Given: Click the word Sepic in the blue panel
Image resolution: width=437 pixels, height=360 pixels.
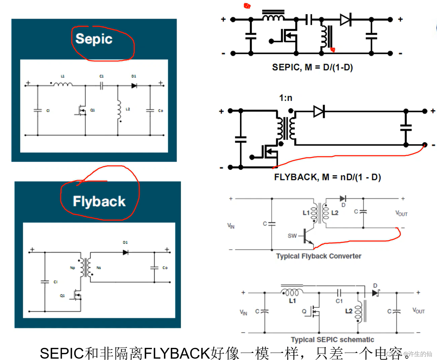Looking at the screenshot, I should pyautogui.click(x=94, y=39).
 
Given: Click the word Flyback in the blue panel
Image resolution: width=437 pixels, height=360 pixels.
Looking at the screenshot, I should pyautogui.click(x=99, y=201).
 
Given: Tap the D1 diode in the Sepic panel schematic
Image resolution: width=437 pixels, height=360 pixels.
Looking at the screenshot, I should pyautogui.click(x=134, y=86).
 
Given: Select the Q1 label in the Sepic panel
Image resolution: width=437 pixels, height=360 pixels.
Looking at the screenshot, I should pyautogui.click(x=92, y=110).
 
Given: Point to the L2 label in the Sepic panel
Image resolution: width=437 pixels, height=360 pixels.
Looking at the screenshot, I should pyautogui.click(x=128, y=109).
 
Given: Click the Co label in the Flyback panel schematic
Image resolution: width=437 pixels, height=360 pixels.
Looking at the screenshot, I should pyautogui.click(x=165, y=268).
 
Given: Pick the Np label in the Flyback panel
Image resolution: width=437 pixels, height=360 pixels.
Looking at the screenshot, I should pyautogui.click(x=72, y=268).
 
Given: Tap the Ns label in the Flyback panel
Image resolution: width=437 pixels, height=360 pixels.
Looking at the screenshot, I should pyautogui.click(x=98, y=268).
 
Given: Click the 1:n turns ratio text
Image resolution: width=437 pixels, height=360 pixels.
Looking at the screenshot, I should pyautogui.click(x=286, y=98).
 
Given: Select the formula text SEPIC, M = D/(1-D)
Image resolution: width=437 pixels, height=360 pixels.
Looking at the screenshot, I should pyautogui.click(x=312, y=67).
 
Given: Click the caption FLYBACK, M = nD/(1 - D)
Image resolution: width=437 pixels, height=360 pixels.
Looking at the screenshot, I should pyautogui.click(x=327, y=177).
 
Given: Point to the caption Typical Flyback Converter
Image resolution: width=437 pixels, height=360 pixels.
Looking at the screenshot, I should pyautogui.click(x=318, y=256).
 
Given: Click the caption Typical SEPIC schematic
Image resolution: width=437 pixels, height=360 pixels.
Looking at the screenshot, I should pyautogui.click(x=332, y=340).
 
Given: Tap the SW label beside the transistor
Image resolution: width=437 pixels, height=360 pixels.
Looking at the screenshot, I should pyautogui.click(x=292, y=236).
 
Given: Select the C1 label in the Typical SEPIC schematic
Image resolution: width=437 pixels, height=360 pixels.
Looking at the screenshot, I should pyautogui.click(x=339, y=301).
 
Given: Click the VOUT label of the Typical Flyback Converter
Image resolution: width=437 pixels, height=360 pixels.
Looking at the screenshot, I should pyautogui.click(x=401, y=214).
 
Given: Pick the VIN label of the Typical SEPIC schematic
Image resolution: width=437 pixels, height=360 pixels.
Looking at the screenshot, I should pyautogui.click(x=243, y=313).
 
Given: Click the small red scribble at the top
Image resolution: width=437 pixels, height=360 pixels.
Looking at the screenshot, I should pyautogui.click(x=247, y=6).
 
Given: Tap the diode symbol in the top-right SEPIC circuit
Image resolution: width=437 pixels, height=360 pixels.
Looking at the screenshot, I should pyautogui.click(x=346, y=19).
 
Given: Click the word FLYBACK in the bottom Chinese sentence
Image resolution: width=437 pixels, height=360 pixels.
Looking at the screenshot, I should pyautogui.click(x=177, y=353).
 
